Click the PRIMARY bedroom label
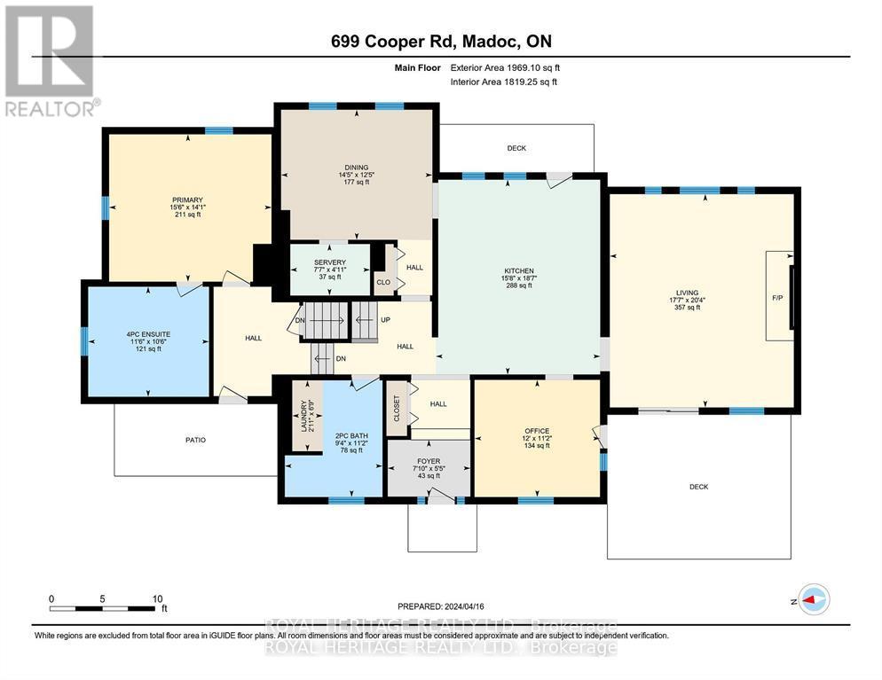(187, 200)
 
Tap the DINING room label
(356, 168)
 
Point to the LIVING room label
(686, 293)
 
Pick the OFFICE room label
(536, 431)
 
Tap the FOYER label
(428, 461)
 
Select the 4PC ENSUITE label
(146, 335)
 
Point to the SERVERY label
(329, 262)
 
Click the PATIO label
(195, 440)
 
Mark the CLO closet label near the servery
(383, 284)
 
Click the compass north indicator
(811, 600)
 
